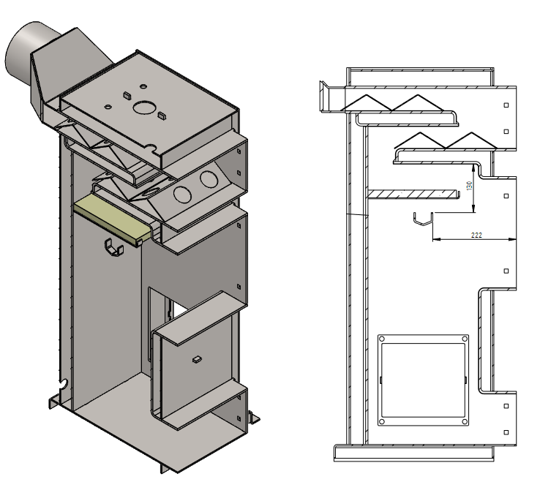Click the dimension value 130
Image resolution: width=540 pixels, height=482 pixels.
(x=470, y=186)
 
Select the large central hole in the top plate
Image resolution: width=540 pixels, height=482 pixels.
(x=145, y=107)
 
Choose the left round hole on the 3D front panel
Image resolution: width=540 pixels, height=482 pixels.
(x=183, y=194)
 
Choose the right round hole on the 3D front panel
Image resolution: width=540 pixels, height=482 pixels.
(x=209, y=178)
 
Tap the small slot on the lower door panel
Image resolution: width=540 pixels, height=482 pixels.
(x=195, y=359)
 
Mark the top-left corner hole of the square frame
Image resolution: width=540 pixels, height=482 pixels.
(x=382, y=339)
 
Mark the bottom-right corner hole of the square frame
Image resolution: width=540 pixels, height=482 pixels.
(x=463, y=422)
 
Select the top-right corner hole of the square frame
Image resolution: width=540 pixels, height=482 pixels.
(x=463, y=339)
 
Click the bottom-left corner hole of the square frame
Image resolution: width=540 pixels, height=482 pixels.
(x=382, y=422)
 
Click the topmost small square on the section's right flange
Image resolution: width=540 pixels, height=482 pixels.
(x=507, y=104)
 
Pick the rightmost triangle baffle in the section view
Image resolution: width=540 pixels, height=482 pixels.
(x=468, y=140)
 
